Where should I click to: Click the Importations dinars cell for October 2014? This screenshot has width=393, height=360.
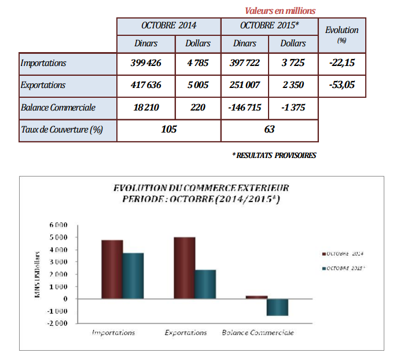click(146, 63)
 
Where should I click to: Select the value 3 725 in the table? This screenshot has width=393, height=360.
click(293, 63)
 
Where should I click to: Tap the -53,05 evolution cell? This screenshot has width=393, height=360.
click(341, 85)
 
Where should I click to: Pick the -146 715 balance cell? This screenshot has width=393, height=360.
click(245, 108)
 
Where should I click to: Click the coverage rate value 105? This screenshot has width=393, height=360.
click(168, 130)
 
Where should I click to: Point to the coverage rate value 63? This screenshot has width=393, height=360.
click(269, 130)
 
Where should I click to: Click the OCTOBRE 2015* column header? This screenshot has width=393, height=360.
click(269, 25)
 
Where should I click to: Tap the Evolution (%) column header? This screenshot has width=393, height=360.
click(341, 34)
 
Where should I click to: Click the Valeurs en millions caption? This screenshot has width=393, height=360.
click(280, 10)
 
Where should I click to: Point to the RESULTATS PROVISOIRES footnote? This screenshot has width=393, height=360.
click(274, 156)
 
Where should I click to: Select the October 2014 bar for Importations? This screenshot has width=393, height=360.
click(112, 269)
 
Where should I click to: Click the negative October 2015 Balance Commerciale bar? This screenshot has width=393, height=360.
click(277, 307)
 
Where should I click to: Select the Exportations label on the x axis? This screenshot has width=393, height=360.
click(185, 333)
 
